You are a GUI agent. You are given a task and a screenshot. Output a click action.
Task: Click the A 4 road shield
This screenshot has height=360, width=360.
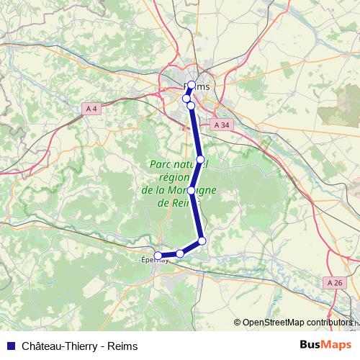(x=91, y=109)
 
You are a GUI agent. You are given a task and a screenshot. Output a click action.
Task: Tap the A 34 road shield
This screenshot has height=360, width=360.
(x=222, y=125)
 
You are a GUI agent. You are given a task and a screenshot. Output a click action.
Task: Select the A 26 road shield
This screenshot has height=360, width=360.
(x=335, y=283)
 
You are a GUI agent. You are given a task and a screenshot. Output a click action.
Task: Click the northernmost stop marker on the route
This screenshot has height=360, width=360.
(x=192, y=85)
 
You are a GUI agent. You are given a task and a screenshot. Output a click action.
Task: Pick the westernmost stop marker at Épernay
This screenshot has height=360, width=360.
(x=158, y=256)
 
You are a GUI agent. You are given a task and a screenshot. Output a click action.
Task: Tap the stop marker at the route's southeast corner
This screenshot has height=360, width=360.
(x=202, y=240)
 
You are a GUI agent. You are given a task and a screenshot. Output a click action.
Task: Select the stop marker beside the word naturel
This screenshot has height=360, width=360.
(x=201, y=159)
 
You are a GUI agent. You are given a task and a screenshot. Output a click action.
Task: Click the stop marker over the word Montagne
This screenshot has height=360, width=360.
(x=192, y=191)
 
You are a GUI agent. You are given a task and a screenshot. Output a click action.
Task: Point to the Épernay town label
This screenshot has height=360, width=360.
(x=155, y=261)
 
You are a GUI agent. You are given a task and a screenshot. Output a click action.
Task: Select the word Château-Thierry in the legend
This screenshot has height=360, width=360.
(x=56, y=346)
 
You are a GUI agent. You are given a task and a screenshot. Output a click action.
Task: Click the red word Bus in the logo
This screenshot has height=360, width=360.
(x=310, y=344)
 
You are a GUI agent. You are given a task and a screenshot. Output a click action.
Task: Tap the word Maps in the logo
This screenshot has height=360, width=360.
(x=337, y=344)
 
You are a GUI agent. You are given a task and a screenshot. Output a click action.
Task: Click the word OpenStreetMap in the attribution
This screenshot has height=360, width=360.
(x=273, y=323)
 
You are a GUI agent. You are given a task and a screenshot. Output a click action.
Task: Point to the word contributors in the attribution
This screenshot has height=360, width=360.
(x=328, y=323)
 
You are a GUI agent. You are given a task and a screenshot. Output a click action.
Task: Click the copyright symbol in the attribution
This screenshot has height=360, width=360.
(x=238, y=323)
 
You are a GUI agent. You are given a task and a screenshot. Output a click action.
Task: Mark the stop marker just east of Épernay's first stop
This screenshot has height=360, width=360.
(x=180, y=253)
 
